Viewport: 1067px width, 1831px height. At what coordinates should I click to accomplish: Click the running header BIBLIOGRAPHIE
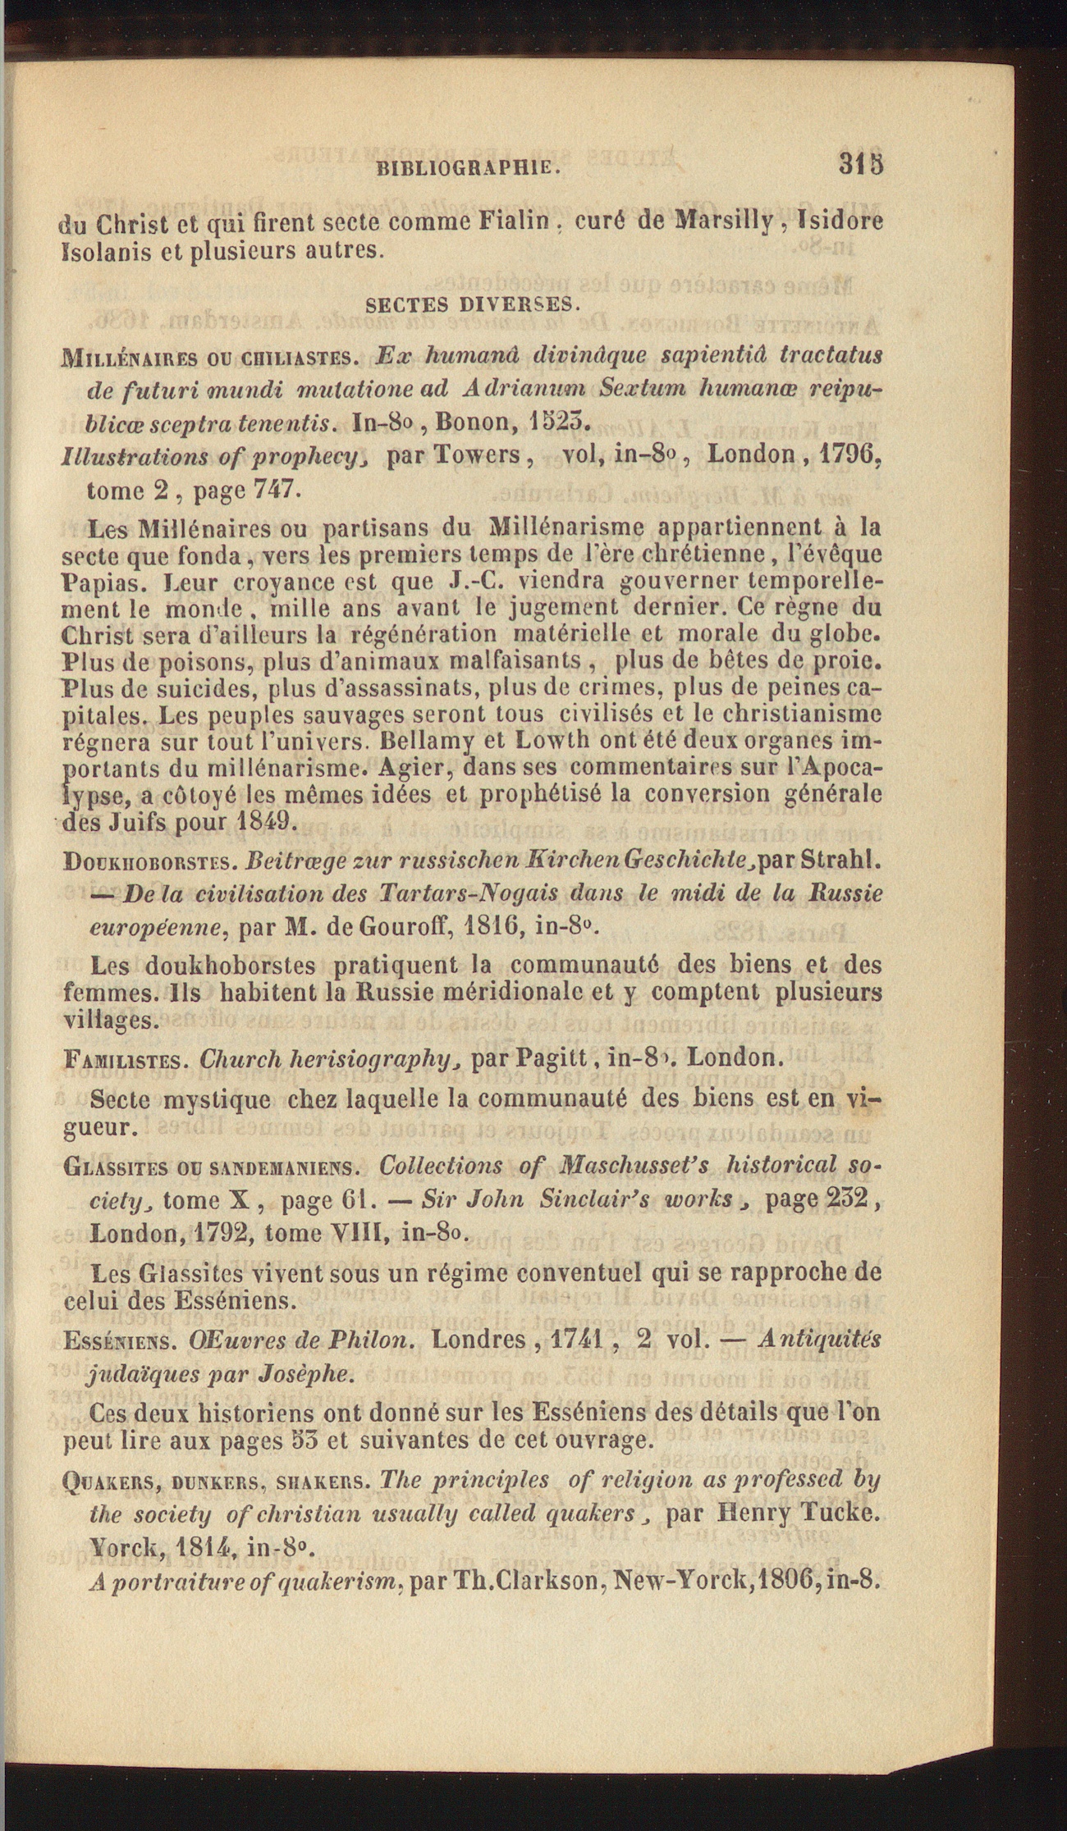coord(468,168)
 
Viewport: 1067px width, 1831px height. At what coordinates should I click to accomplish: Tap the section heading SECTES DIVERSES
coord(473,304)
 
